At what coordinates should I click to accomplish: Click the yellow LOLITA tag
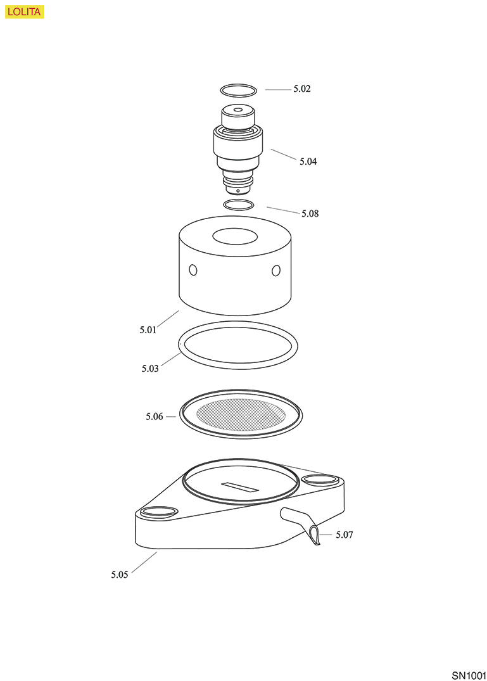coord(25,12)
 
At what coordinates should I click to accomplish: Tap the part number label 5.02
coord(301,89)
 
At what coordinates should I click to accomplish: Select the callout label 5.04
coord(308,162)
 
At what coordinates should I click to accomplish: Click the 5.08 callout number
coord(310,213)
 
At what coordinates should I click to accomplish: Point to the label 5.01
coord(148,329)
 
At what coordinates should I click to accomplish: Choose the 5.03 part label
coord(149,369)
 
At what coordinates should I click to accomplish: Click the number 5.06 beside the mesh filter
coord(154,416)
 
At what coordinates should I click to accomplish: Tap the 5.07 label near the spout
coord(345,535)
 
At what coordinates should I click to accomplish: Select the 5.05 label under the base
coord(119,575)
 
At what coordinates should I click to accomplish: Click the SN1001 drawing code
coord(469,675)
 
